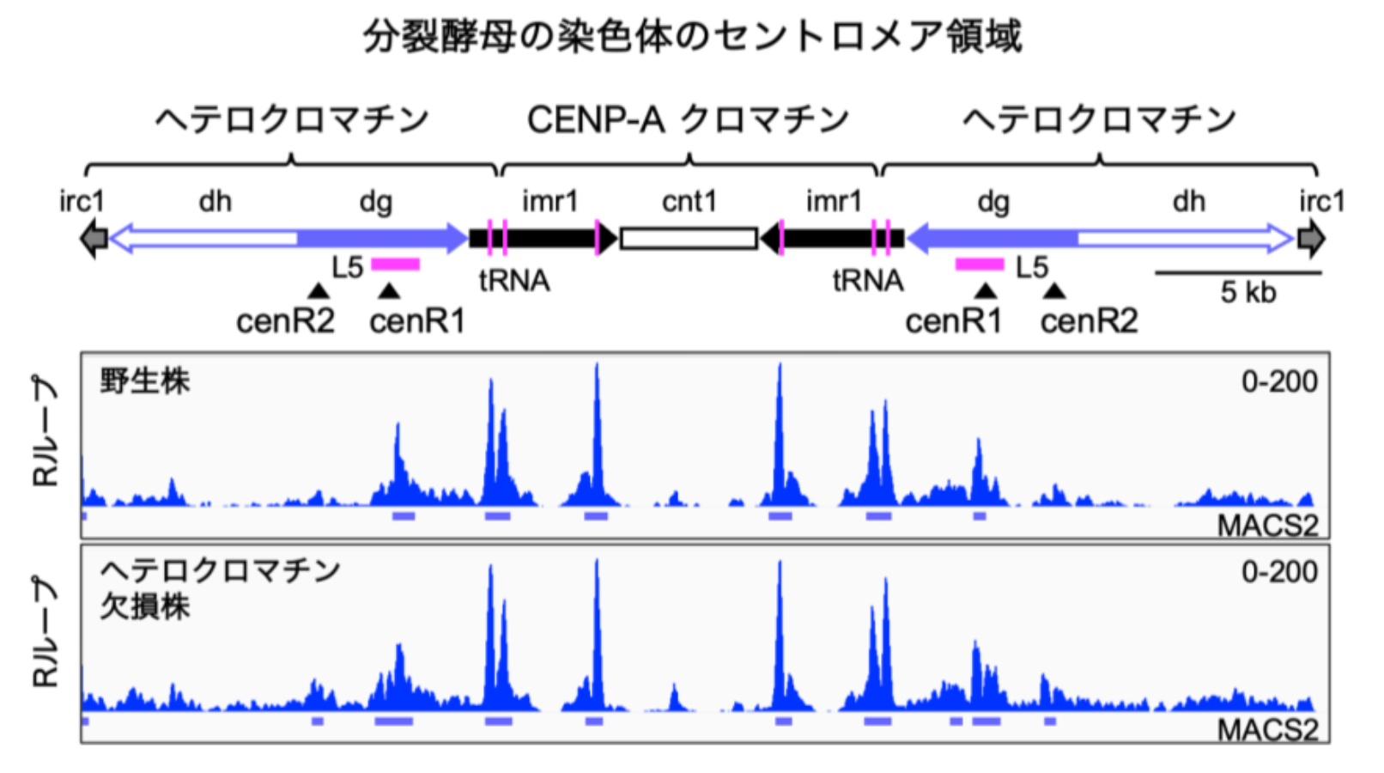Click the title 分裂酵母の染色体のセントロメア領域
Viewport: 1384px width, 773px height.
[692, 37]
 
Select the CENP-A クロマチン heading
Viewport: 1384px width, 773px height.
[688, 119]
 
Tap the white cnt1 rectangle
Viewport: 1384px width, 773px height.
[689, 238]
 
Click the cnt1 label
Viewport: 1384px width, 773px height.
[689, 202]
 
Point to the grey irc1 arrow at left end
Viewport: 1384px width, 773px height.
[94, 238]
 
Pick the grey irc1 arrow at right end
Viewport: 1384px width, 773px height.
[1311, 238]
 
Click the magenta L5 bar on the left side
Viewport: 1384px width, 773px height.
[395, 265]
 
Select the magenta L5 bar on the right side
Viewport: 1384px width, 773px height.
[980, 265]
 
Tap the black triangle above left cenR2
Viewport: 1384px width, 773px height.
[319, 291]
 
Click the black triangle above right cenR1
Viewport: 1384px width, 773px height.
[986, 291]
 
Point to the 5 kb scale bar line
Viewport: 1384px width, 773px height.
[1238, 273]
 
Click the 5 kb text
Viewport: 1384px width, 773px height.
[1247, 293]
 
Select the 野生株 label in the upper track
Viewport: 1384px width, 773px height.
[144, 380]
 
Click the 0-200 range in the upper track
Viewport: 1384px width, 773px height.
[1279, 381]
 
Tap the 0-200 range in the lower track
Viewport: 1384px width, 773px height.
[1279, 571]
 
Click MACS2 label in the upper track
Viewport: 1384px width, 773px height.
[1267, 525]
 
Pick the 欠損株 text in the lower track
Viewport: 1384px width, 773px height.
[144, 606]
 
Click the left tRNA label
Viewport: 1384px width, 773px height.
[514, 281]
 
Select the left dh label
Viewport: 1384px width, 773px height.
[215, 202]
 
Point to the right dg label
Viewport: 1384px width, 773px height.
[993, 202]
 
